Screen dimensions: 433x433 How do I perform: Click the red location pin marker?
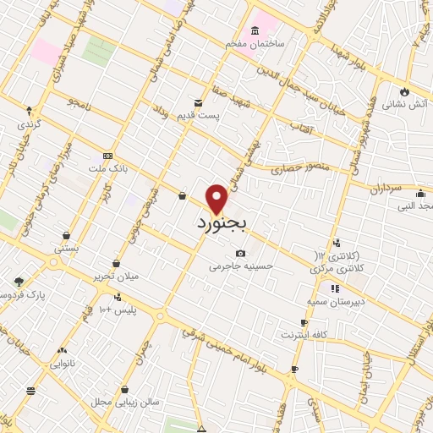(x=217, y=199)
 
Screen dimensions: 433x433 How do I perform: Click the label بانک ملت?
(x=107, y=168)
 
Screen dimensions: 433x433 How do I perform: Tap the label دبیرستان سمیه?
(x=336, y=301)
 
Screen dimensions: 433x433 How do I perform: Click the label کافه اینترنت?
(x=304, y=335)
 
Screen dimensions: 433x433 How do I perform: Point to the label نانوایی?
(x=62, y=364)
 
